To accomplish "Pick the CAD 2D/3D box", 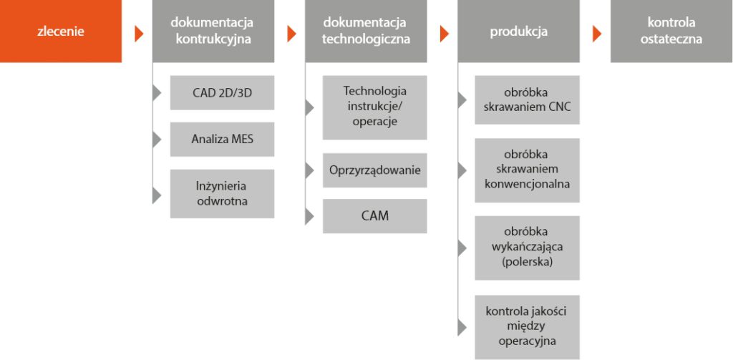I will pos(222,93).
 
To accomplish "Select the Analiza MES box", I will pos(222,139).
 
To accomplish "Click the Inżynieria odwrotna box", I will pos(222,193).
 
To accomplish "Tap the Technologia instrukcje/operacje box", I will pos(374,107).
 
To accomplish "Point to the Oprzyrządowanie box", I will pos(374,170).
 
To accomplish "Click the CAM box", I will pos(374,215).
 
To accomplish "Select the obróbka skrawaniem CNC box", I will pos(527,100).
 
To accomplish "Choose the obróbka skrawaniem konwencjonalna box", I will pos(527,170).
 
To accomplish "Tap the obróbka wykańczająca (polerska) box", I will pos(527,248).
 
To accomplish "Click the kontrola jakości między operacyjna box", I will pos(527,326).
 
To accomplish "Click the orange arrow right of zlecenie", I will pos(139,33).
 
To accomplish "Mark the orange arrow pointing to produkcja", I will pos(445,33).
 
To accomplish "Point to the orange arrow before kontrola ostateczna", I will pos(597,33).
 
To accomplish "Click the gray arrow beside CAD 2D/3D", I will pos(157,93).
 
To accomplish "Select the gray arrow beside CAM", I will pos(309,215).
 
